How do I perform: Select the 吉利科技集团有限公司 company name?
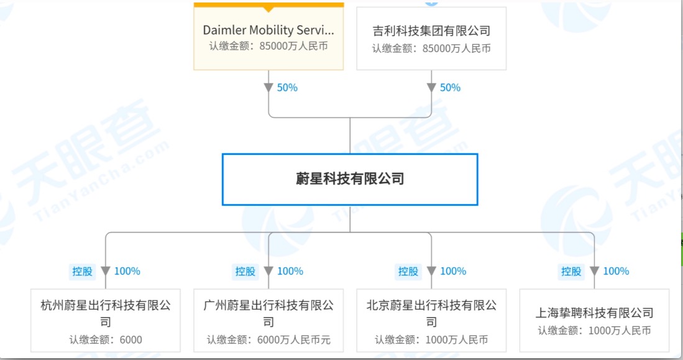[431, 30]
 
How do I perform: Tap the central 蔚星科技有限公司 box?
[350, 179]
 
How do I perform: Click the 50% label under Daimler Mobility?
[287, 88]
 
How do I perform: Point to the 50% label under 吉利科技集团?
[450, 88]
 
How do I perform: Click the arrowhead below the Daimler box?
[268, 88]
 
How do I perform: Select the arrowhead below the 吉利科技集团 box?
[431, 88]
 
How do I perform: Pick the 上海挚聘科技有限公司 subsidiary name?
[594, 313]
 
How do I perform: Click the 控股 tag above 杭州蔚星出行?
[82, 271]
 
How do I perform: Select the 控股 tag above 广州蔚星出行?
[245, 271]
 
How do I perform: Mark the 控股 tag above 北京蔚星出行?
[408, 271]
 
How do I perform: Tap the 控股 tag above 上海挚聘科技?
[571, 271]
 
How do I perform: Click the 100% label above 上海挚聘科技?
[616, 271]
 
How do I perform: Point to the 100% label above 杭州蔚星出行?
[127, 271]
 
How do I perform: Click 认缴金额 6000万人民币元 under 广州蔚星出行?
[268, 340]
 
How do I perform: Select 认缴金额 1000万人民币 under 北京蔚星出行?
[431, 340]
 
